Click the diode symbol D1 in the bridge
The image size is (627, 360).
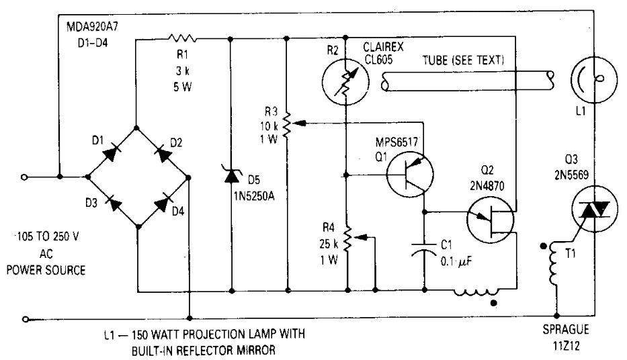pos(112,152)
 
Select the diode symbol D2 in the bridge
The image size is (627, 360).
pos(163,152)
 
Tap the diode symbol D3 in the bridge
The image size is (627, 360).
pos(114,203)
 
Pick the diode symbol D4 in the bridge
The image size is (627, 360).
pos(163,203)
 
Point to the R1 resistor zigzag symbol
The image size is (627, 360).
pos(182,38)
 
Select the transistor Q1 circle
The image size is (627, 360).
pos(410,175)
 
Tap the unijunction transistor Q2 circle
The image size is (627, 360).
pos(491,220)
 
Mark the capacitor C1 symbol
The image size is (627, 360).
pos(424,248)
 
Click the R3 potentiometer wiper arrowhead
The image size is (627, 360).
pos(300,122)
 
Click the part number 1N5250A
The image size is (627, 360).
pos(255,196)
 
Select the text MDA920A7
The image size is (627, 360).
pos(92,27)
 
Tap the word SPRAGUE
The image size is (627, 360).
pos(566,329)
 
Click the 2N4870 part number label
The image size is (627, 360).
pos(487,186)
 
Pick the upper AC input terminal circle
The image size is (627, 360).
pos(24,177)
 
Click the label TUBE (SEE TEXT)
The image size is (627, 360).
pos(464,60)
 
